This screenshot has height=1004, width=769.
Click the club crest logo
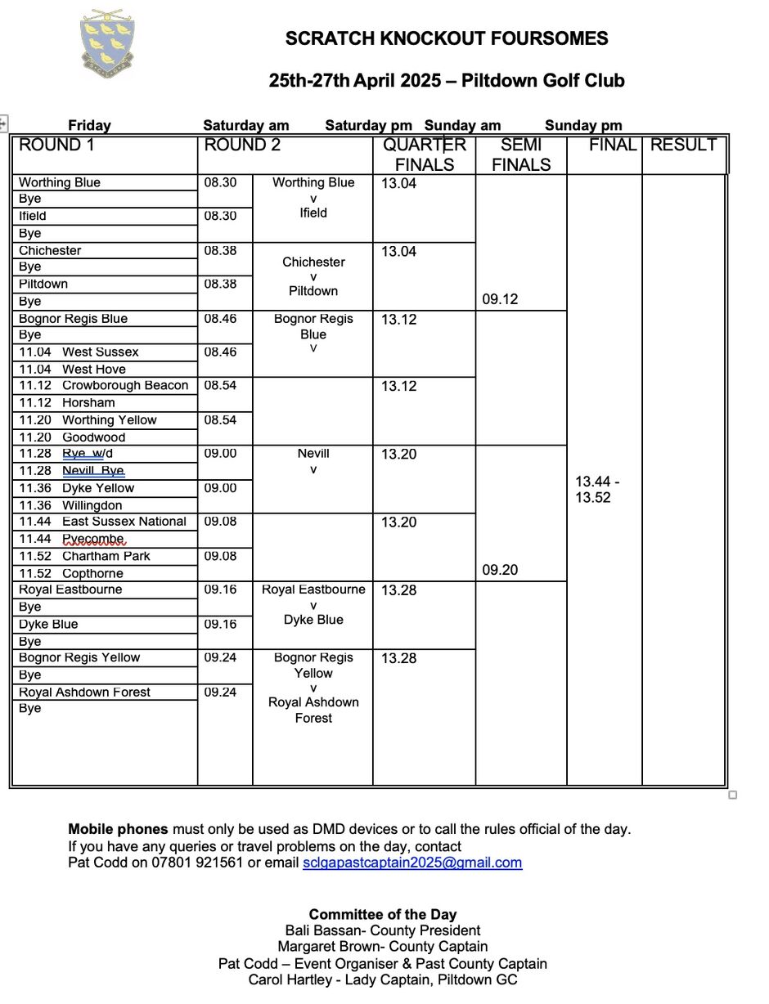click(107, 43)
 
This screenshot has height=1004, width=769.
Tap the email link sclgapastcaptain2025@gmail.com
click(411, 863)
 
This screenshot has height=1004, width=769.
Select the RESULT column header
click(683, 146)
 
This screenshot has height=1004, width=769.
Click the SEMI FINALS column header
click(521, 155)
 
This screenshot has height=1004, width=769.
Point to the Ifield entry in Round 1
click(33, 217)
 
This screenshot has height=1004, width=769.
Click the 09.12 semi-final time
click(500, 299)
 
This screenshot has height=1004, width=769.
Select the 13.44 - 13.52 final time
click(597, 490)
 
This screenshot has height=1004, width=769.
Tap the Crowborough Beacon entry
click(125, 386)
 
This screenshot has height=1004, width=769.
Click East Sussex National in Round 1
click(124, 522)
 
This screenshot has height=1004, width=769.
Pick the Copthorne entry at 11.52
click(92, 574)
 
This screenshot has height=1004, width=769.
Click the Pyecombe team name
click(93, 539)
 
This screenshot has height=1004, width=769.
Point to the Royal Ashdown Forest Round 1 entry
click(84, 692)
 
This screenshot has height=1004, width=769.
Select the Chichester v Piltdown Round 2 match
click(313, 276)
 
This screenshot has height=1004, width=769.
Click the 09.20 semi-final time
click(500, 570)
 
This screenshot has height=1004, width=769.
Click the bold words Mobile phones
click(118, 829)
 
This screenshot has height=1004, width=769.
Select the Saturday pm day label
click(368, 126)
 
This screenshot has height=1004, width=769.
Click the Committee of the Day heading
click(383, 915)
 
